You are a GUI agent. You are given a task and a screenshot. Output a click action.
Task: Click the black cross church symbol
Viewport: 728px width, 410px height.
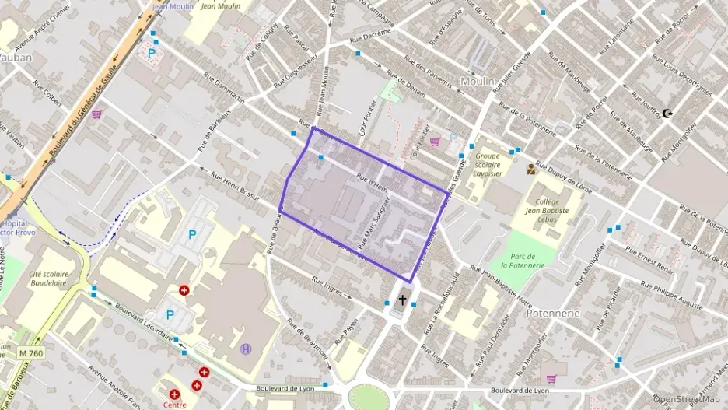click(402, 300)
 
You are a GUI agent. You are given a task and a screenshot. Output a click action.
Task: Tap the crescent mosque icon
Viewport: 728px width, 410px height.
click(667, 114)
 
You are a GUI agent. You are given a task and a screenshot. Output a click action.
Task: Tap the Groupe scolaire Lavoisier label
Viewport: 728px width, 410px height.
click(487, 164)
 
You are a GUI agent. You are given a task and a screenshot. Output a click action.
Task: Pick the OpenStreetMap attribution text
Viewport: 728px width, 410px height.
click(688, 399)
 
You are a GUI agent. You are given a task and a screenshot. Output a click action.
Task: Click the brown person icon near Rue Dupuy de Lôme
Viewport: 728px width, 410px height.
click(530, 169)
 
